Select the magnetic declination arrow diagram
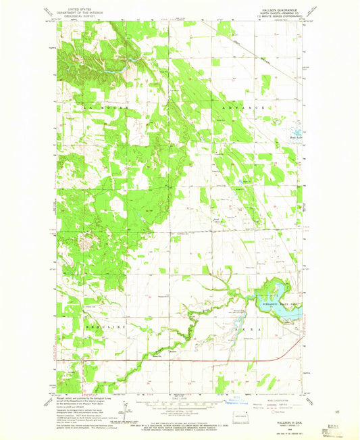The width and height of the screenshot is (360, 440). [x=126, y=408]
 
